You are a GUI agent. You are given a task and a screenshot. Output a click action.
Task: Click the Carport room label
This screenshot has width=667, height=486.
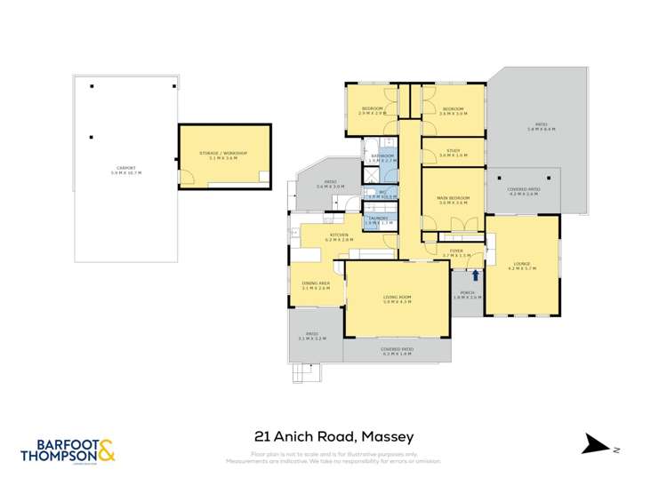tap(126, 169)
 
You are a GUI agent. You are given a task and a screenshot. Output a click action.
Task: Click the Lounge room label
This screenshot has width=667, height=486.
tap(521, 263)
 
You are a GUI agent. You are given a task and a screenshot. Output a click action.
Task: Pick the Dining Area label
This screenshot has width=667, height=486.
tap(316, 284)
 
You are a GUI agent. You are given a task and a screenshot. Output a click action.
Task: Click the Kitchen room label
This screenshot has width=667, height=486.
tap(340, 235)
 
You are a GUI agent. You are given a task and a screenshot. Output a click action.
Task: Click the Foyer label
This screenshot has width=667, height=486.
tap(456, 251)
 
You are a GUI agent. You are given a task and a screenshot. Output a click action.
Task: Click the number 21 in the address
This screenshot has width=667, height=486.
tap(261, 436)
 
